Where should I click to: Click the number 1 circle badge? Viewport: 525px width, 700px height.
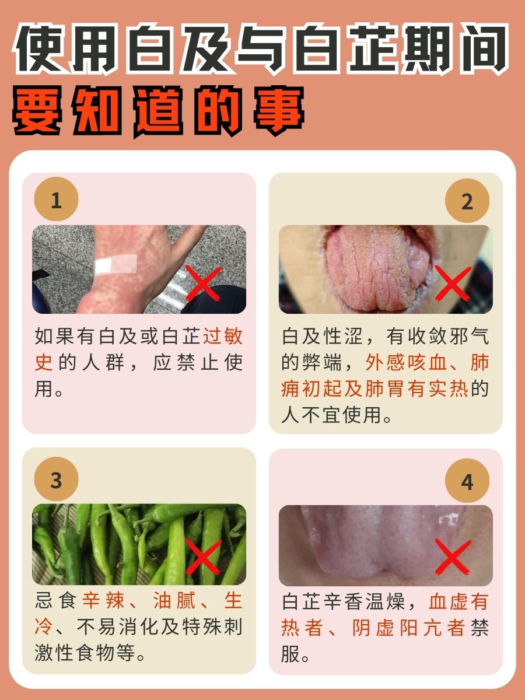point(56,201)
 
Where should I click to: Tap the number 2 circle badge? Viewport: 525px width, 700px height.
point(467,202)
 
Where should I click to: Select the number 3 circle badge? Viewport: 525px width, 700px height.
point(56,481)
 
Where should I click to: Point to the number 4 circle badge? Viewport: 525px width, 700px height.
point(467,482)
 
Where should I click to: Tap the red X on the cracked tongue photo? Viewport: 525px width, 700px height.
point(453,283)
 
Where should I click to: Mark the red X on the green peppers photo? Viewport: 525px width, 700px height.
point(203,556)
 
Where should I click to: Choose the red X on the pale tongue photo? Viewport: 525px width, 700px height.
point(453,556)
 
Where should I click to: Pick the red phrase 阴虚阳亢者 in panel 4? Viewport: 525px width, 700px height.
point(408,628)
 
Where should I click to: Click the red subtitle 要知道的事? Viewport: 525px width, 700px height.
point(157,110)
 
